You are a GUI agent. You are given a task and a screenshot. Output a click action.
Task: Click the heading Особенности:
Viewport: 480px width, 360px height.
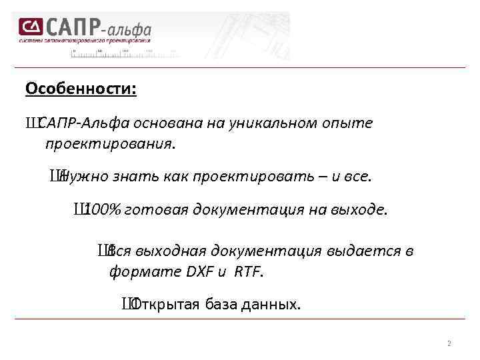point(81,89)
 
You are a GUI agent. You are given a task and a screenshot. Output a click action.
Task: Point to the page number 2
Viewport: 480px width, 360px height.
point(449,344)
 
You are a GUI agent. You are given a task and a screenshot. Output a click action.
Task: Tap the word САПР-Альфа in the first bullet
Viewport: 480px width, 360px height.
point(83,123)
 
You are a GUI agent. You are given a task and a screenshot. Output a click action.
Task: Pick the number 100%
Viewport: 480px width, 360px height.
point(103,211)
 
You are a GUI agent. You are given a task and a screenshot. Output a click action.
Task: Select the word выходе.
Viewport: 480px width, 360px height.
point(362,211)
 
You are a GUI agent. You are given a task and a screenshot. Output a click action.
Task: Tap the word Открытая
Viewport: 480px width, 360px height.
point(162,305)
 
